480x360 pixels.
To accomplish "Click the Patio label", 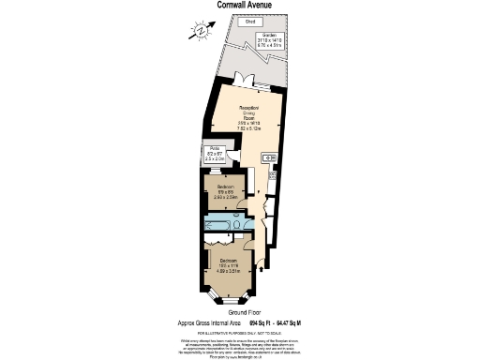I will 215,156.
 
